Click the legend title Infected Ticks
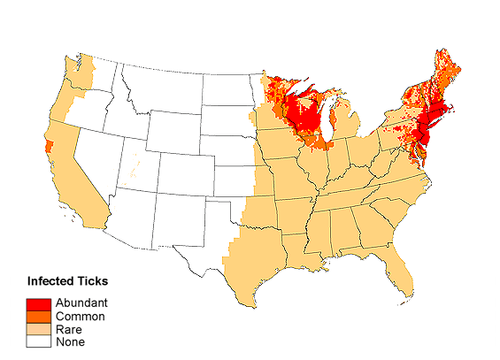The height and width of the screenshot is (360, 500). coord(67,282)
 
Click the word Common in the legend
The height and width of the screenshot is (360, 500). coord(80,317)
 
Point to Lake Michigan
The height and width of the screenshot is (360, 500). coord(328,119)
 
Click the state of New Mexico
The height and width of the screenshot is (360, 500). coord(177,217)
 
